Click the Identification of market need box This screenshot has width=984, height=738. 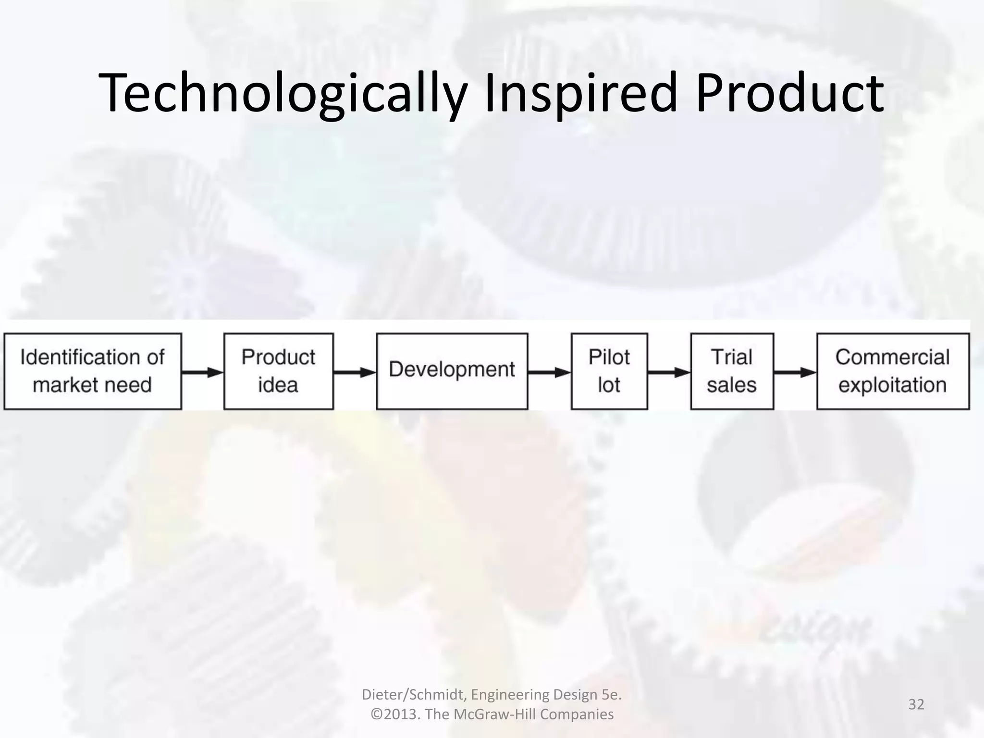(x=93, y=371)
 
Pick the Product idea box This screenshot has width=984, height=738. (x=279, y=371)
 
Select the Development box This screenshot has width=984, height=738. (x=452, y=371)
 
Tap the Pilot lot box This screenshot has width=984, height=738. (x=609, y=371)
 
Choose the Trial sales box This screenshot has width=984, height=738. (x=732, y=371)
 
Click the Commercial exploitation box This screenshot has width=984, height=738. (x=893, y=371)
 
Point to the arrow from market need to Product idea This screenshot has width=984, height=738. (x=203, y=372)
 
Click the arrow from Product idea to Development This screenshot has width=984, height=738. (x=355, y=372)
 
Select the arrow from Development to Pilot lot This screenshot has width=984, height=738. (x=549, y=372)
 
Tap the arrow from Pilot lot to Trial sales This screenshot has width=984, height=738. (x=669, y=372)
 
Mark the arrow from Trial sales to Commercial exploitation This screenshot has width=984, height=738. (x=795, y=372)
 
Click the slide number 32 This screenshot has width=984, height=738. (x=916, y=704)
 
